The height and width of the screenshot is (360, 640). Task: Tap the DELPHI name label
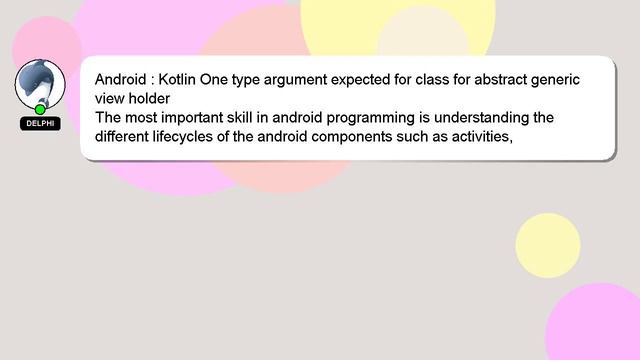click(x=40, y=124)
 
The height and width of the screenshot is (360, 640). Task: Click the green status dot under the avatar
click(x=40, y=109)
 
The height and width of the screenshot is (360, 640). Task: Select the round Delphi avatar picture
click(x=40, y=84)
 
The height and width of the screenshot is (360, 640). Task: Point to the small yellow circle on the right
click(x=548, y=245)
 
